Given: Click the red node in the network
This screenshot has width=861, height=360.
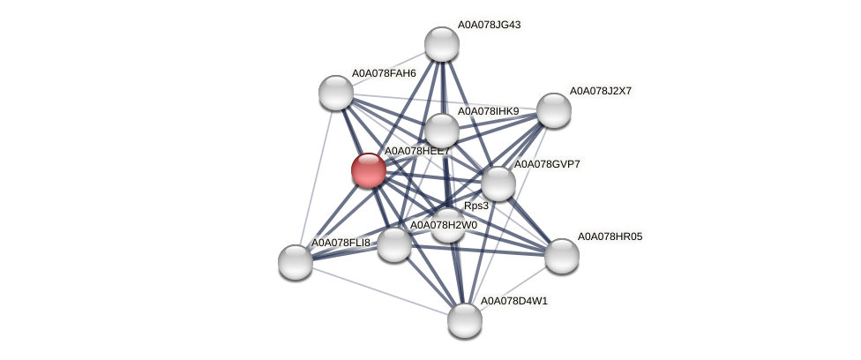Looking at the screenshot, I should pyautogui.click(x=369, y=170).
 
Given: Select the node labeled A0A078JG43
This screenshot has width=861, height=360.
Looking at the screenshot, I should pyautogui.click(x=442, y=44).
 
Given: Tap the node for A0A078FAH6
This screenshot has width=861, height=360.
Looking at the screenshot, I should pyautogui.click(x=336, y=92).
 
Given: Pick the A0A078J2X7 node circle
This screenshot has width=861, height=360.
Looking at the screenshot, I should pyautogui.click(x=554, y=110).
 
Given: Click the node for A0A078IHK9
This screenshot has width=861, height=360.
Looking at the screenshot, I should pyautogui.click(x=442, y=131).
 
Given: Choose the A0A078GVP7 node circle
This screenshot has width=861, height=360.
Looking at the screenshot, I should pyautogui.click(x=498, y=184).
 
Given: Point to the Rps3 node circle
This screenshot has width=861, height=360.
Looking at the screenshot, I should pyautogui.click(x=448, y=225).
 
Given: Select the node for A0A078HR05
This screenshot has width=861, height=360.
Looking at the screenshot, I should pyautogui.click(x=562, y=256).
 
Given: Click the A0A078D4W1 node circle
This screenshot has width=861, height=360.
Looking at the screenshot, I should pyautogui.click(x=465, y=319).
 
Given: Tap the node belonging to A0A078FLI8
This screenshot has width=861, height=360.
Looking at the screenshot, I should pyautogui.click(x=296, y=261).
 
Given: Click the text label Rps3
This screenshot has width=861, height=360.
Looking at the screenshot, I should pyautogui.click(x=476, y=206).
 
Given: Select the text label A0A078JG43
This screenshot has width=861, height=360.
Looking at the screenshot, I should pyautogui.click(x=489, y=25).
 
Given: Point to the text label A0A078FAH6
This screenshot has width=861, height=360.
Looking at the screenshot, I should pyautogui.click(x=384, y=73).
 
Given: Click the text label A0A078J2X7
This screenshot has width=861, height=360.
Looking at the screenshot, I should pyautogui.click(x=601, y=91).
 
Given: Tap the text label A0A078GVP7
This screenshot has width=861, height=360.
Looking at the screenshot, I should pyautogui.click(x=547, y=164).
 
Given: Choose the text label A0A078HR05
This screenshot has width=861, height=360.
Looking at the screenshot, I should pyautogui.click(x=610, y=236).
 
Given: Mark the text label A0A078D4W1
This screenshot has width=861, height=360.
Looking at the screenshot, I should pyautogui.click(x=513, y=301).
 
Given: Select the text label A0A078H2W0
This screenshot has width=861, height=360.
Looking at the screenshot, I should pyautogui.click(x=443, y=225).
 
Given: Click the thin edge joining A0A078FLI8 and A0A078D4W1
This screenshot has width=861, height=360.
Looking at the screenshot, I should pyautogui.click(x=380, y=290).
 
